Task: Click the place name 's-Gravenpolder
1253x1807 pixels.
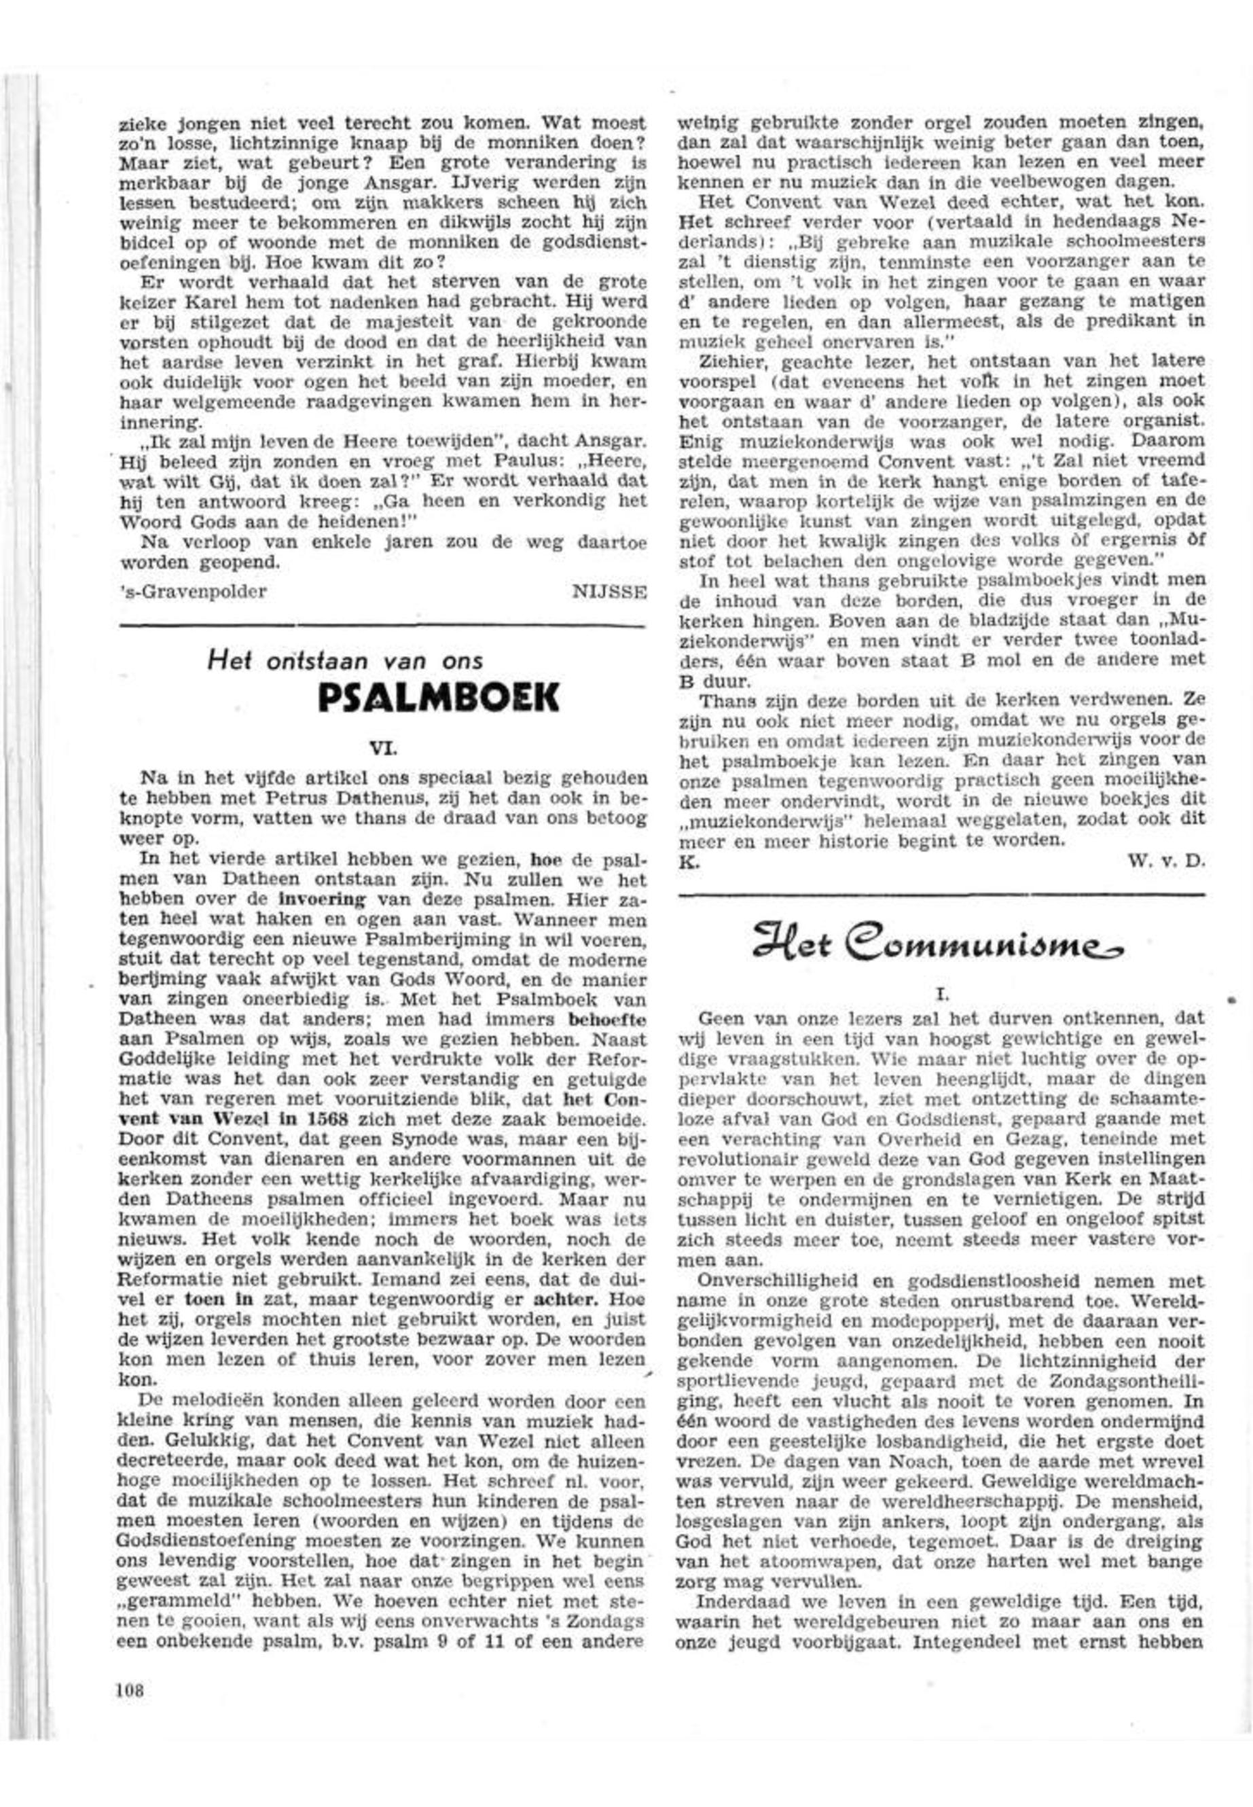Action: click(x=193, y=592)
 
